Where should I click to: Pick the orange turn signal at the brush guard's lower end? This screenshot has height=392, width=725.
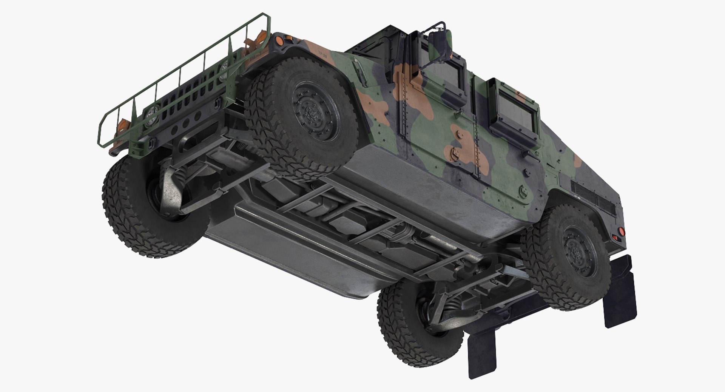123,124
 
